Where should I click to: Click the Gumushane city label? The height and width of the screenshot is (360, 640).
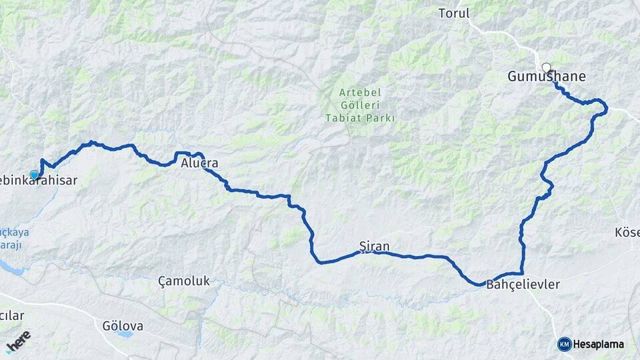point(547,77)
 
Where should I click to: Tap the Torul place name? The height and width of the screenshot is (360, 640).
point(454,13)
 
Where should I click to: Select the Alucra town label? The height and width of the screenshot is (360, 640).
point(199,163)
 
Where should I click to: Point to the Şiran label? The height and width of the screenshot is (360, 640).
point(374,246)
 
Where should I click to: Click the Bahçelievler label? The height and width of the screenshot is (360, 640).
point(523,285)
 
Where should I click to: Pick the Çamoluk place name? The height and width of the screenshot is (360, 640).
point(184,281)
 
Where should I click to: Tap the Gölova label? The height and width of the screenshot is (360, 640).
point(123,326)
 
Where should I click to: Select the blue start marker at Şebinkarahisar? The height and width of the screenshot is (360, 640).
point(35,175)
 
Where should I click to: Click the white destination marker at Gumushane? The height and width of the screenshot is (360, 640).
point(547,67)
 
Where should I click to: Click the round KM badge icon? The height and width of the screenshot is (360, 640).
point(564,344)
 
